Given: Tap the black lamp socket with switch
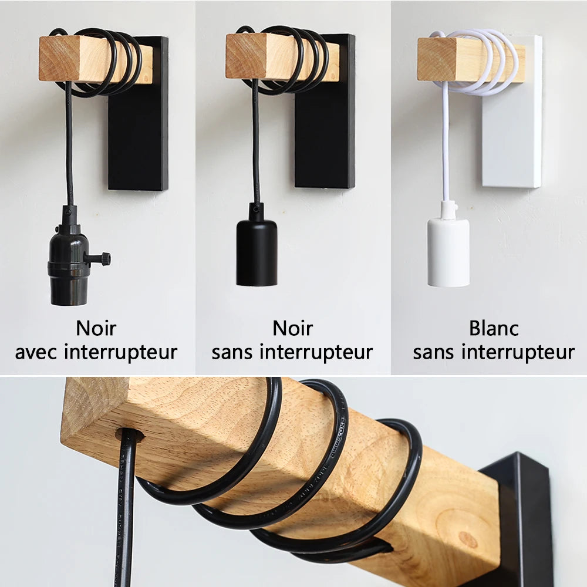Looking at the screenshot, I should click(69, 270).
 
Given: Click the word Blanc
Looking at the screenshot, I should click(494, 328).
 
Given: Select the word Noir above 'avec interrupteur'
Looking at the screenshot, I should click(96, 328).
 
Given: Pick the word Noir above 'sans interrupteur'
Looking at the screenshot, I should click(292, 328).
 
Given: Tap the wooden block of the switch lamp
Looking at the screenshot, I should click(65, 59).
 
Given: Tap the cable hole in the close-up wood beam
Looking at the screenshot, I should click(130, 436).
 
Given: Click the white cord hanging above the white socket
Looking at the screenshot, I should click(445, 147).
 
